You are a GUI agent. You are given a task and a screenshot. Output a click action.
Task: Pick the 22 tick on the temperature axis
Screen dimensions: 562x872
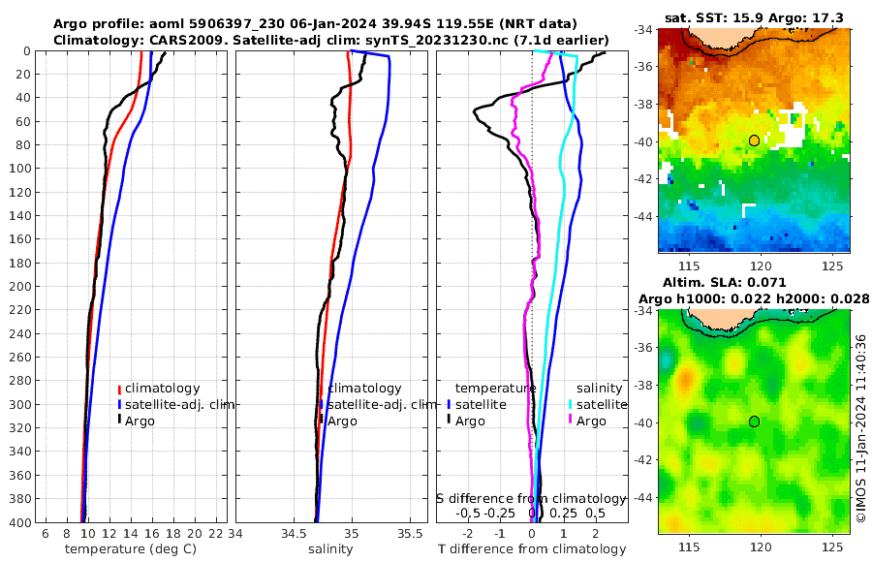point(215,535)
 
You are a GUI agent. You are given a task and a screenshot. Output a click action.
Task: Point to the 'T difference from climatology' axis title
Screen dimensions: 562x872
point(532,549)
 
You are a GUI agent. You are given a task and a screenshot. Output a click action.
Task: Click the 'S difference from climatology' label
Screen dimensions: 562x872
point(531,498)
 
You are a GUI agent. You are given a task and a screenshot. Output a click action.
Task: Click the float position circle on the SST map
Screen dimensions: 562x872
point(754,140)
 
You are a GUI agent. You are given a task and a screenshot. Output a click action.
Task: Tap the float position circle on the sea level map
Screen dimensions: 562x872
point(754,421)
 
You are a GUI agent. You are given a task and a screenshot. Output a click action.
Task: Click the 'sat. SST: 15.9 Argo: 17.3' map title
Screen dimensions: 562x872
point(754,18)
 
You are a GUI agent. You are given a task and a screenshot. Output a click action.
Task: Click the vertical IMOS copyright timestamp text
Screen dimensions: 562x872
point(861,426)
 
